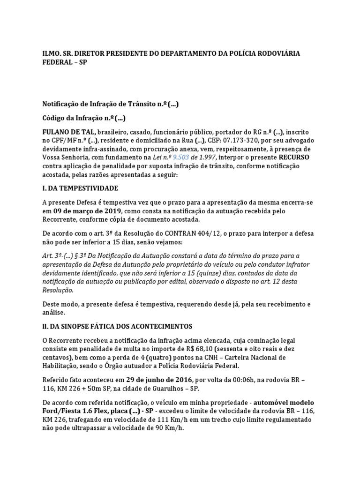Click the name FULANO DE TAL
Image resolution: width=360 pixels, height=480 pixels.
pyautogui.click(x=69, y=132)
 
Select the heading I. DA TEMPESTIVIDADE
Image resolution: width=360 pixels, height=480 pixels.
pyautogui.click(x=80, y=188)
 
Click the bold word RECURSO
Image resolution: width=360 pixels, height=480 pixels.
pyautogui.click(x=293, y=157)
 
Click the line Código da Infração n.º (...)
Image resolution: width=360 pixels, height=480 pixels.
pyautogui.click(x=84, y=118)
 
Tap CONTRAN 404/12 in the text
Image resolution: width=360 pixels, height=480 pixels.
pyautogui.click(x=181, y=233)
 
